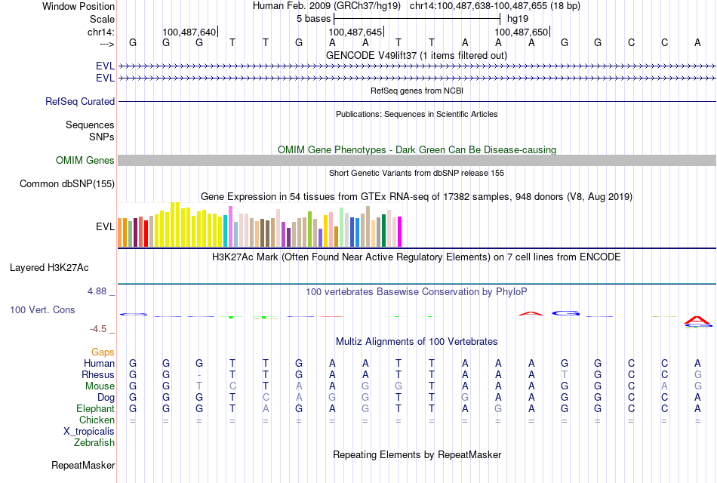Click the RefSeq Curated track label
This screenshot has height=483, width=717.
[80, 101]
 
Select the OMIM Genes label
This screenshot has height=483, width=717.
[85, 160]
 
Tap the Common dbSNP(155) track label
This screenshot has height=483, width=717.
[67, 183]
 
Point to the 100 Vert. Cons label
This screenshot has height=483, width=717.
[42, 309]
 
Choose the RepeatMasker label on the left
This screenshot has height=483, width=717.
[82, 465]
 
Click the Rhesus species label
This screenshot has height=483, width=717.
[98, 374]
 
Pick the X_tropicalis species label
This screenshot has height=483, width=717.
[89, 431]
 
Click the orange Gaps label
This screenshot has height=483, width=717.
[103, 352]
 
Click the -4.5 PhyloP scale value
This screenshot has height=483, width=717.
[103, 329]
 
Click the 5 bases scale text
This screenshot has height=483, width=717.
[313, 18]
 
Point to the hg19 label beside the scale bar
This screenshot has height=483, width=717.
[517, 18]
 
